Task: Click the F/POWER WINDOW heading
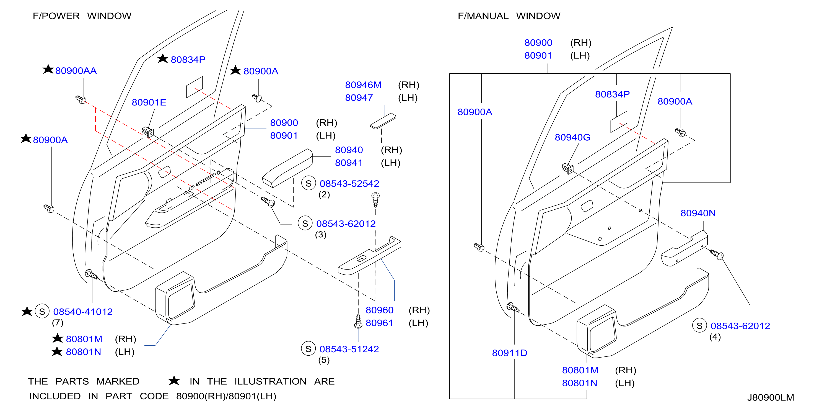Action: click(82, 16)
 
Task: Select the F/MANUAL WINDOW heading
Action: click(509, 16)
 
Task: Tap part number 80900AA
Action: click(76, 71)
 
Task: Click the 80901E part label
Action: click(149, 102)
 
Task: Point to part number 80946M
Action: click(363, 85)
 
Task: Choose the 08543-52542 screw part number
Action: click(349, 184)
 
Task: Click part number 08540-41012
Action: click(83, 312)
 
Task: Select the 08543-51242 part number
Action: click(349, 349)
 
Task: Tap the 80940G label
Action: click(572, 138)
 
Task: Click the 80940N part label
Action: click(698, 213)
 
